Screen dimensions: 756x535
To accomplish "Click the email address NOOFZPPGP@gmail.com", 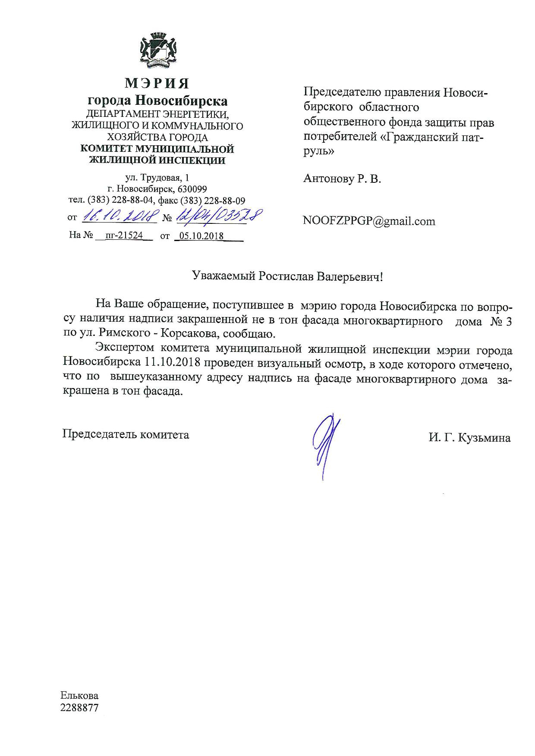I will [369, 221].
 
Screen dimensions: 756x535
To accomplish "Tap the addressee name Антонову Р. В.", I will [342, 179].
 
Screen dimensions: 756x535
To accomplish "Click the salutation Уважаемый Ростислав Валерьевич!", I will [287, 276].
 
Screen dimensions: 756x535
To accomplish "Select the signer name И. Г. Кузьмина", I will [469, 438].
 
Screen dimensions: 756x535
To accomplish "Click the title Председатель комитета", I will [126, 434].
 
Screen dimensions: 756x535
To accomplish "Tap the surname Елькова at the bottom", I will [79, 696].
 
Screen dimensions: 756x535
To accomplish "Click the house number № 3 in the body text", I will [501, 322].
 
